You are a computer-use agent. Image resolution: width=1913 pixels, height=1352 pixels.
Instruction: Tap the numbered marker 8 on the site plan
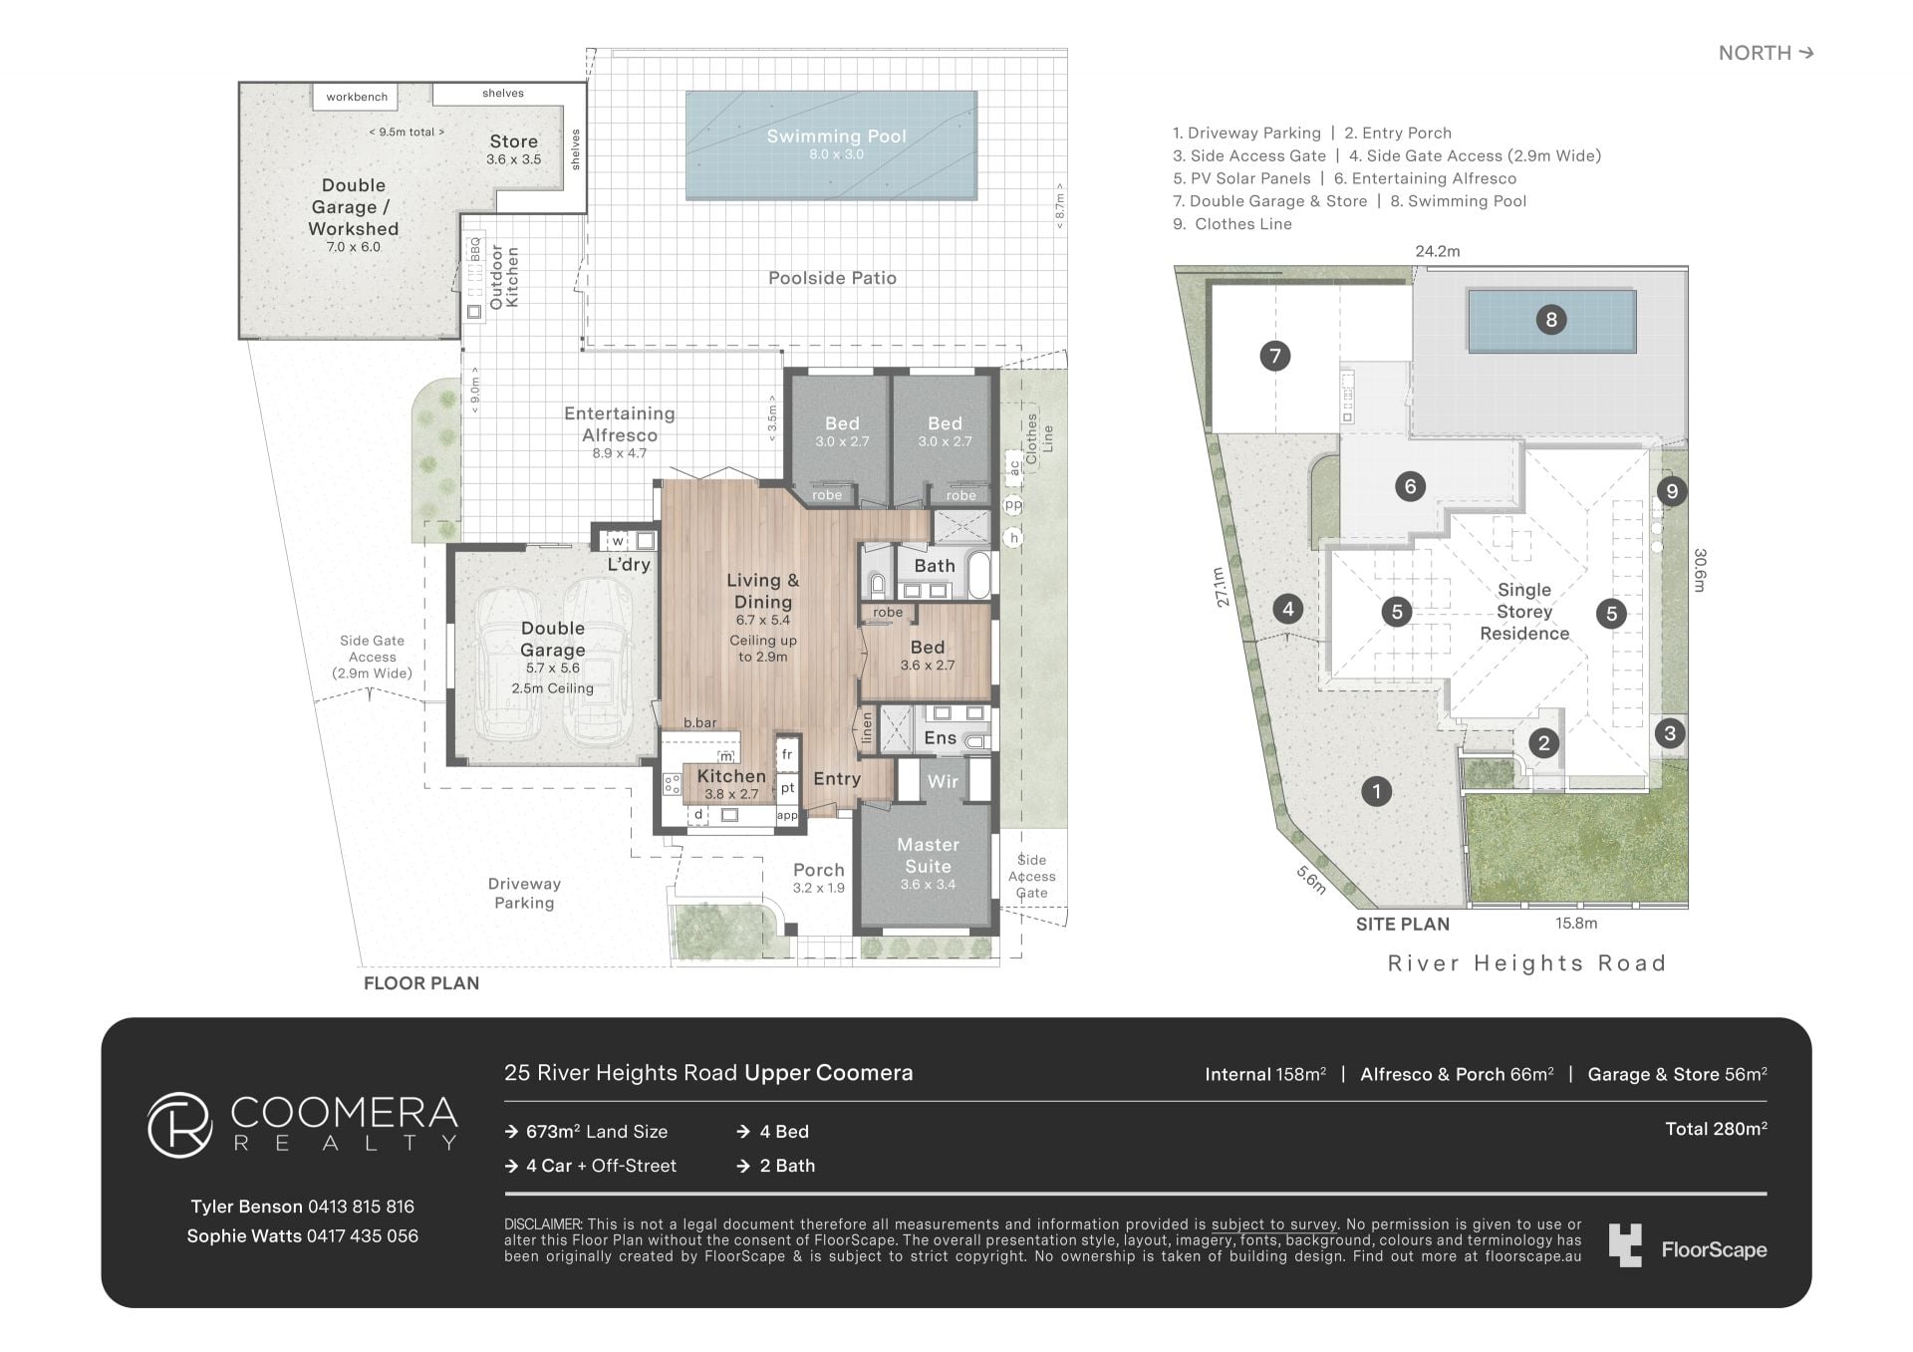[1550, 320]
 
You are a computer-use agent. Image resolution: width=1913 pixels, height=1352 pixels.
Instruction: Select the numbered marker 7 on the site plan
[1274, 356]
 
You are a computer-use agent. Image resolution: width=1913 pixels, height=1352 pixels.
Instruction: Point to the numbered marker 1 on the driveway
[1376, 792]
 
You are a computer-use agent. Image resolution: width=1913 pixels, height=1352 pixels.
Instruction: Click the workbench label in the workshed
[357, 97]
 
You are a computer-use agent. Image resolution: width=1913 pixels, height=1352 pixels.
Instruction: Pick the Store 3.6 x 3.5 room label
[513, 149]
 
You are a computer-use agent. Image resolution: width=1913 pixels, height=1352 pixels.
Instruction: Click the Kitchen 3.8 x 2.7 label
[731, 784]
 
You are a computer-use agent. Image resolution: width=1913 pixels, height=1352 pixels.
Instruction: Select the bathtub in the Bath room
[981, 576]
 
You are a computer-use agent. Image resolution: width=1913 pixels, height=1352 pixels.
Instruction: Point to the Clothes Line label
[1039, 438]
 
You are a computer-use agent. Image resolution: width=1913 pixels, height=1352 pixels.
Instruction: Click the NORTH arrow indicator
[1766, 53]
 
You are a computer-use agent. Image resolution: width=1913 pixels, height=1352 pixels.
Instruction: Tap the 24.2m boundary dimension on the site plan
[1438, 252]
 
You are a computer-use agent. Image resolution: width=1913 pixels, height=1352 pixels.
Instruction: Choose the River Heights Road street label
[1526, 963]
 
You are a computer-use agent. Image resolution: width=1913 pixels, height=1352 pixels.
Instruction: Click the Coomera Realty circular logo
[180, 1125]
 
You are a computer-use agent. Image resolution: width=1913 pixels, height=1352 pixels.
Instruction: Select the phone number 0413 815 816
[361, 1207]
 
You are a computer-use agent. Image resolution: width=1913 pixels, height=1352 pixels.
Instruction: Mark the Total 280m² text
[1716, 1129]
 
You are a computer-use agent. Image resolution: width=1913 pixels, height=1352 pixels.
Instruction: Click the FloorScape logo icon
[1625, 1245]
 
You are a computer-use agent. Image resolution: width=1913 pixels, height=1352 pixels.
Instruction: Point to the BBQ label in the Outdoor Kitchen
[475, 249]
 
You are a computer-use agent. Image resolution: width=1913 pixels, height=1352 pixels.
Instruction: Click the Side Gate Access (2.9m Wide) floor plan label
[372, 657]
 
